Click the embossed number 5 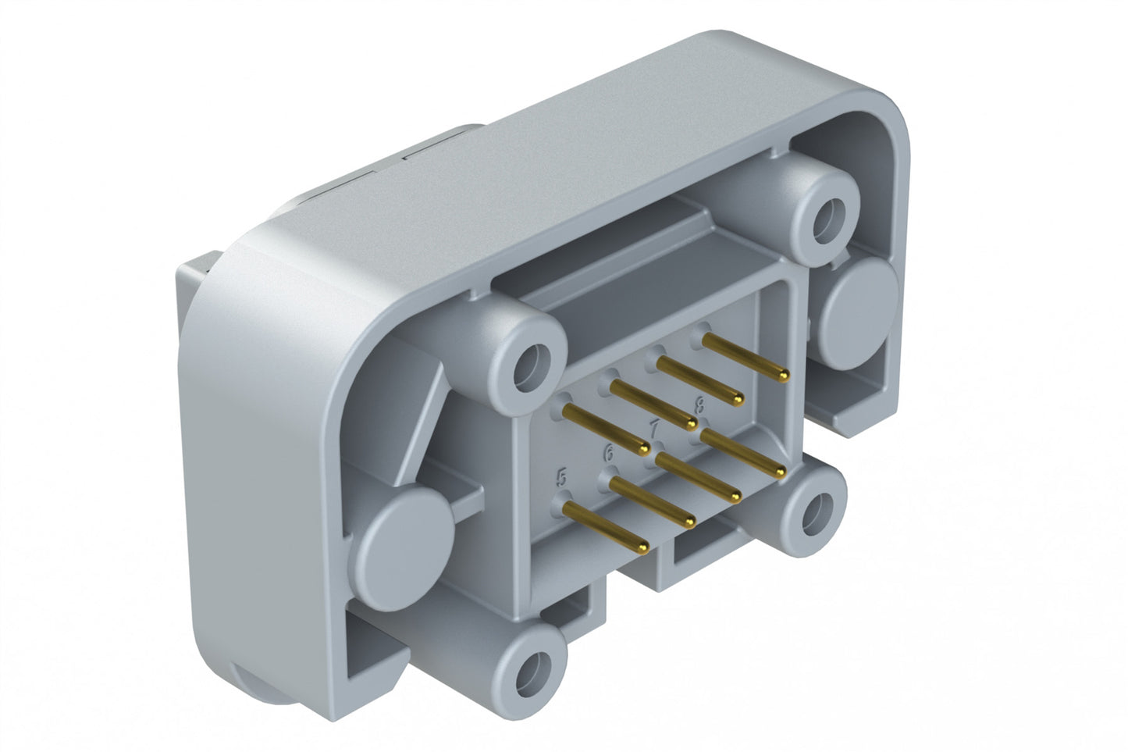point(560,476)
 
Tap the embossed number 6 point(608,452)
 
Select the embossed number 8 point(699,404)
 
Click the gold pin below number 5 point(605,527)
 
